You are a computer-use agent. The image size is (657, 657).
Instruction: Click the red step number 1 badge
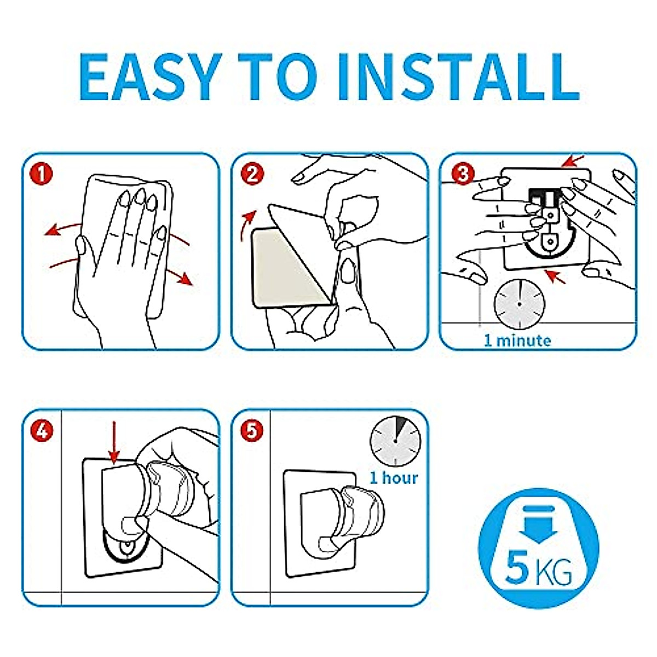(x=41, y=174)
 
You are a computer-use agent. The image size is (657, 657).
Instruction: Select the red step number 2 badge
(x=252, y=174)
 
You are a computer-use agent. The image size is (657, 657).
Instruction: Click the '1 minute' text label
(x=517, y=341)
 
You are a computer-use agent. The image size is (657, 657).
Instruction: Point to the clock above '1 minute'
(x=520, y=304)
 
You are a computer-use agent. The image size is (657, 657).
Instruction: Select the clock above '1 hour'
(x=395, y=441)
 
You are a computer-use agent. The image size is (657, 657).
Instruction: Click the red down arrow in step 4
(x=114, y=443)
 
